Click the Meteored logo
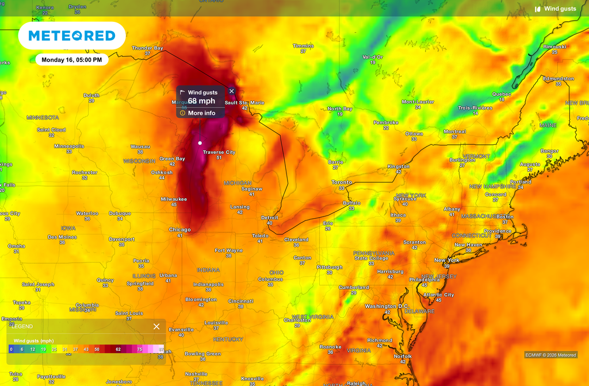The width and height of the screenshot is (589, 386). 72,36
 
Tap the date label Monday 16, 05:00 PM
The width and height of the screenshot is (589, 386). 72,60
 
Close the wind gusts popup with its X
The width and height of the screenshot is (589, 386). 231,91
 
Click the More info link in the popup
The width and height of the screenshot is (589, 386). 201,113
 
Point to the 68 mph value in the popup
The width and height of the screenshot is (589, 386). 201,101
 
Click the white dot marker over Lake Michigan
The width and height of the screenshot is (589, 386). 200,142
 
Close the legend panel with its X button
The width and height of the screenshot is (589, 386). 156,326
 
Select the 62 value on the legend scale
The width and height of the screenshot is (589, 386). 118,349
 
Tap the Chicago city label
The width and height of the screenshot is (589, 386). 179,230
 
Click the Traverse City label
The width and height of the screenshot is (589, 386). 219,152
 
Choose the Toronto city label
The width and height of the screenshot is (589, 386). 342,182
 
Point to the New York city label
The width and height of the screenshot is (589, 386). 446,260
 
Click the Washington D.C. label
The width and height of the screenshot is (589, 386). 387,306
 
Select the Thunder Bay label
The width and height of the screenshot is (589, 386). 147,48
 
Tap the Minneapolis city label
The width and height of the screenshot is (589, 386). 69,146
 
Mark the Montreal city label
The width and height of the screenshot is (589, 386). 454,132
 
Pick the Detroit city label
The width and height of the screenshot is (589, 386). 269,218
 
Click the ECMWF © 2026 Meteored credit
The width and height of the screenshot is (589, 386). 550,355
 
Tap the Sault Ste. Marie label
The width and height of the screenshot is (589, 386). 244,102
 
